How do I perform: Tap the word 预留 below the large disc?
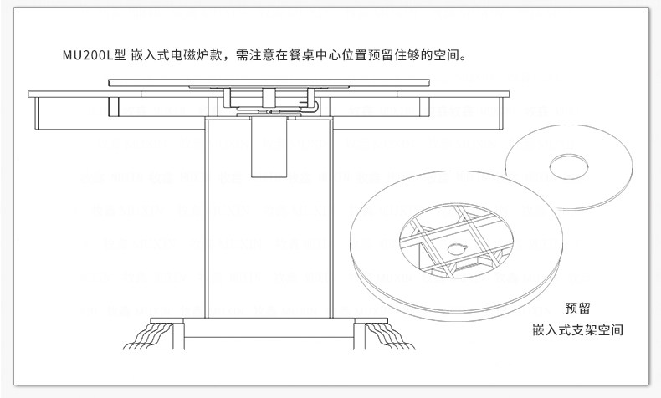tap(577, 308)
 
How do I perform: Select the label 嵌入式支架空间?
tap(577, 329)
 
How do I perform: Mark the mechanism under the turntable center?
tap(273, 100)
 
